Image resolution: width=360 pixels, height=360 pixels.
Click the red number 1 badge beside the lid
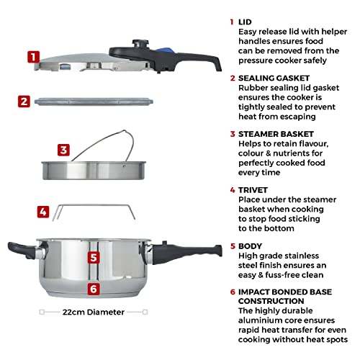point(32,57)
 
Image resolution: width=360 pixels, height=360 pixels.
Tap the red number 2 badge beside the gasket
point(24,102)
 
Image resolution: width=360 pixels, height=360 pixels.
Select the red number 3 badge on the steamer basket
point(63,150)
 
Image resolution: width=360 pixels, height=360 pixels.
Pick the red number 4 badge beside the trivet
point(42,212)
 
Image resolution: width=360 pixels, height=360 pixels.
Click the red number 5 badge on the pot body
point(93,257)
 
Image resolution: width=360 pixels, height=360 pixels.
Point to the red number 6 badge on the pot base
point(93,289)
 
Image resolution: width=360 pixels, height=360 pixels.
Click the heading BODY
point(252,245)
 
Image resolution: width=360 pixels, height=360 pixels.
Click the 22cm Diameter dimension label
point(94,312)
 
